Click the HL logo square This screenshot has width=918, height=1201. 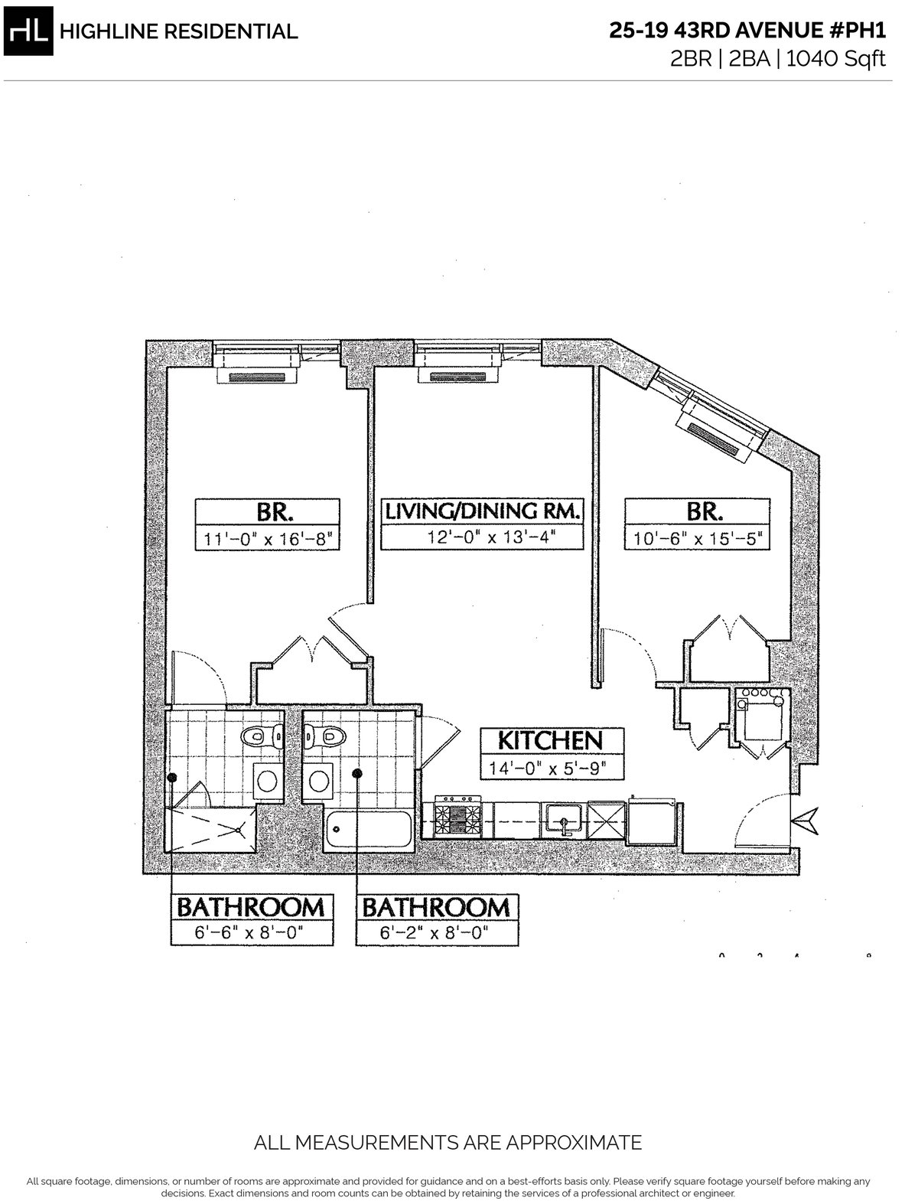(28, 31)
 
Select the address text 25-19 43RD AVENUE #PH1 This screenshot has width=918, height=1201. (747, 31)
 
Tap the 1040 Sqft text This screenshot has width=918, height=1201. (836, 58)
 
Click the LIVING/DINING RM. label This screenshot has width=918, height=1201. (482, 511)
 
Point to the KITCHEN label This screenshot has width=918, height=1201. (551, 740)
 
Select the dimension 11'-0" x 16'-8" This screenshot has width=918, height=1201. (267, 540)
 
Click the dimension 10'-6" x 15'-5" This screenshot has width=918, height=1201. (697, 540)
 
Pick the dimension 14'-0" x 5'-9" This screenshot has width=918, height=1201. (551, 769)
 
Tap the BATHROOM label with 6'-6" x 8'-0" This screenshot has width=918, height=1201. (251, 907)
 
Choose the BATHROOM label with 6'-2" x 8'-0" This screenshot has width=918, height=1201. (436, 907)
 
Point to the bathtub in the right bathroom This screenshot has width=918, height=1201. (368, 829)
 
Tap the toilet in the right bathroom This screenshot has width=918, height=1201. (324, 737)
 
